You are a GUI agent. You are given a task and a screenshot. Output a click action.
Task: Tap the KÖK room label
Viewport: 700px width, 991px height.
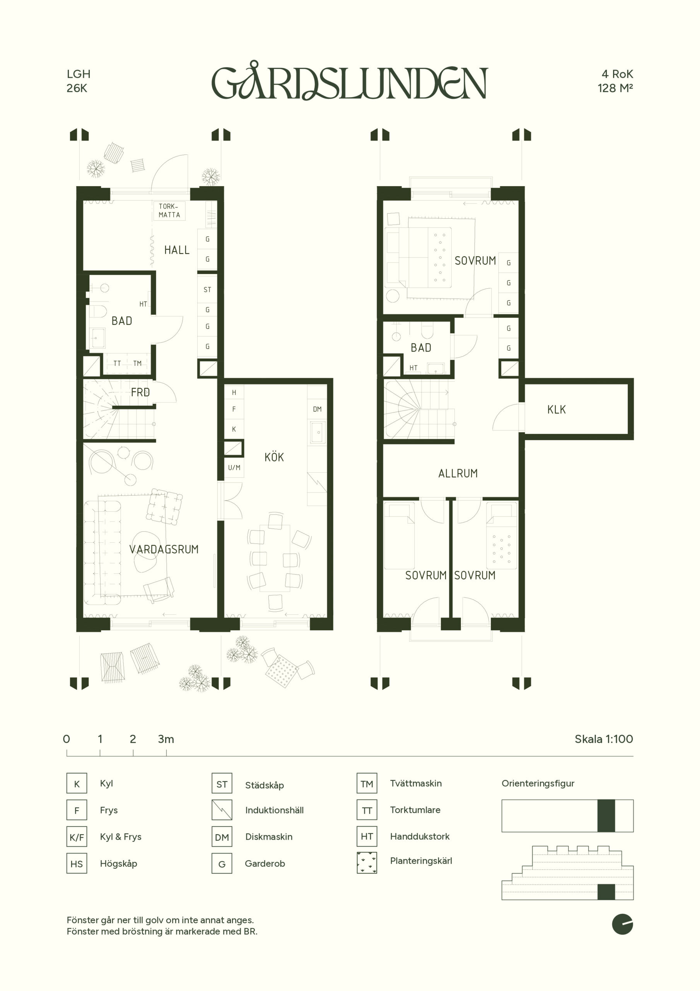274,457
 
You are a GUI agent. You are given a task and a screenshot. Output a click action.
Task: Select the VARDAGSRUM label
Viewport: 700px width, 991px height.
164,549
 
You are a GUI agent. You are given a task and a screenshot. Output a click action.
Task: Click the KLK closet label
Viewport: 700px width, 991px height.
557,410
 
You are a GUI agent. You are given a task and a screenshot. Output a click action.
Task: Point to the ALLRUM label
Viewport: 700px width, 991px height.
458,473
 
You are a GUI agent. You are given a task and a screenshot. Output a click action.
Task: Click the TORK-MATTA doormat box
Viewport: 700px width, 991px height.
169,211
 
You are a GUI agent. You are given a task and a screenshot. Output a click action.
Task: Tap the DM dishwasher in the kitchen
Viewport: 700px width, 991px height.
317,409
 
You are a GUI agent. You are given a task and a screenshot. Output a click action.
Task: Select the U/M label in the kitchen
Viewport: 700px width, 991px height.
234,468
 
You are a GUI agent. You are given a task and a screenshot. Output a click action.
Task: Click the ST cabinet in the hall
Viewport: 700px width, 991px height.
207,290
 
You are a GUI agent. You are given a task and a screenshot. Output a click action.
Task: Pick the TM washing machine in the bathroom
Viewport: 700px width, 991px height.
138,363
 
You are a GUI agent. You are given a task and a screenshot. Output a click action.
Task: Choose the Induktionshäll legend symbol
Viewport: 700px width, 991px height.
222,810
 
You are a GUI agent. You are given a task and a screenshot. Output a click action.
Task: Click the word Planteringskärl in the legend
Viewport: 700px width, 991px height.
421,861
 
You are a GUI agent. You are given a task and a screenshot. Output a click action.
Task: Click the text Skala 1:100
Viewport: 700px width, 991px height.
604,739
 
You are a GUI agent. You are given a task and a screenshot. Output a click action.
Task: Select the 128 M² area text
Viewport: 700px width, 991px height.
615,88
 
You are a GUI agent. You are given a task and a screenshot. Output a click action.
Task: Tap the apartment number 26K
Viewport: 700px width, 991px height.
77,88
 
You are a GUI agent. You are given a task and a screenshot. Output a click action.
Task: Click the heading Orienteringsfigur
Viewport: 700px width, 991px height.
538,784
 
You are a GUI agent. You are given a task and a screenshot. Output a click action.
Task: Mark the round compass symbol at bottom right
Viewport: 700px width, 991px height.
622,924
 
